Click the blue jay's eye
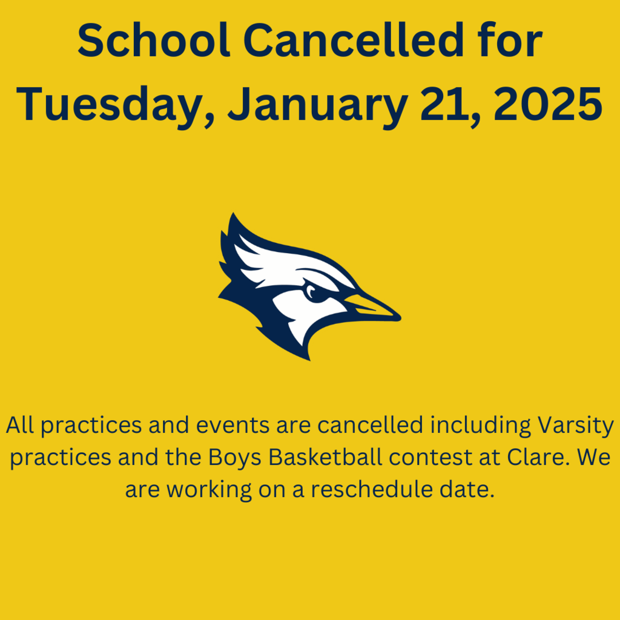[x=312, y=292]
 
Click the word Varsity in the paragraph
[x=575, y=426]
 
